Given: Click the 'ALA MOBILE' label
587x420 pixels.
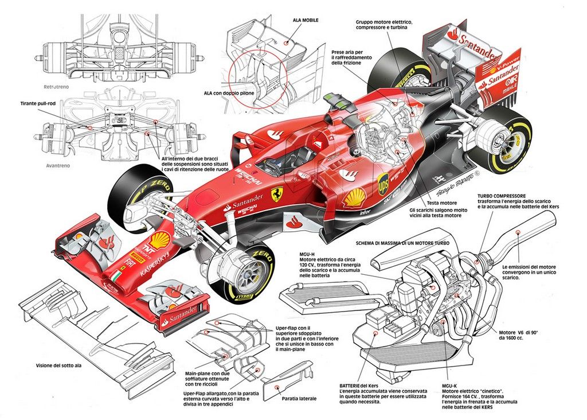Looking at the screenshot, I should tap(306, 20).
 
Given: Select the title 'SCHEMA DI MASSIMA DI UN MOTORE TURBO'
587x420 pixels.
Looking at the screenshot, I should tap(402, 242).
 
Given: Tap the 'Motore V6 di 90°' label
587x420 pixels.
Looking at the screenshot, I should tap(518, 333).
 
